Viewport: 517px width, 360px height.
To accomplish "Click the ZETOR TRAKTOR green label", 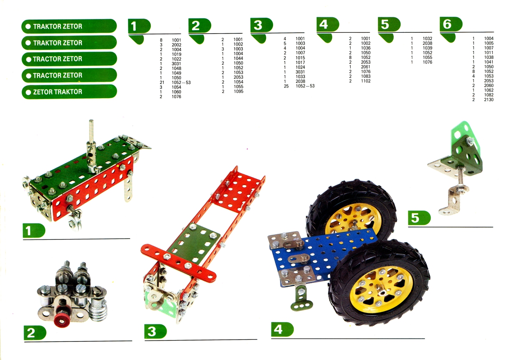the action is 69,92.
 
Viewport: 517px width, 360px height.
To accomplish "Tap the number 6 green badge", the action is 451,24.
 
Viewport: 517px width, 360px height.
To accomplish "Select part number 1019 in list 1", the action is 176,54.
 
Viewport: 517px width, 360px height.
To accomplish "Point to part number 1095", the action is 238,91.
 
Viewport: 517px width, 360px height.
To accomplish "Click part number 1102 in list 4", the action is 366,81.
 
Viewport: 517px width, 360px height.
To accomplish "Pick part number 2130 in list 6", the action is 489,99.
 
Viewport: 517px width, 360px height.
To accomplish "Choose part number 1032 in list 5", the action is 427,38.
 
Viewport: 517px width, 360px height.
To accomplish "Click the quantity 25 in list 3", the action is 286,86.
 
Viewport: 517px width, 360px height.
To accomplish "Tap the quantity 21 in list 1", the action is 162,82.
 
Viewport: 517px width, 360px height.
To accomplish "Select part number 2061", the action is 366,67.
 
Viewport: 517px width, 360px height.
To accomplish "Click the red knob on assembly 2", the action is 62,320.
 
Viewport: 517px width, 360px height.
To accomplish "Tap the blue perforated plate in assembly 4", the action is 323,256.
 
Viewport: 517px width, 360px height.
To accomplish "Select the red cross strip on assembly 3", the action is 178,263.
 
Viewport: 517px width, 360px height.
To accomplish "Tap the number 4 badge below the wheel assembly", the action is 282,329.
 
